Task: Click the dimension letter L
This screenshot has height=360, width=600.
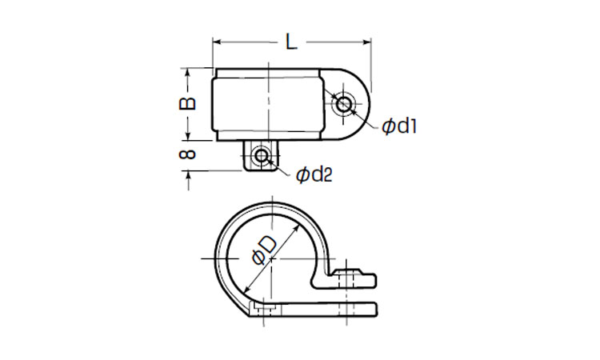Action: pyautogui.click(x=291, y=42)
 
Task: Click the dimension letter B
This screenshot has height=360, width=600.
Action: pyautogui.click(x=187, y=104)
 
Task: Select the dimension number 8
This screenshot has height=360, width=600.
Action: pyautogui.click(x=187, y=154)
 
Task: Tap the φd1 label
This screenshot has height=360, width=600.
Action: pyautogui.click(x=399, y=126)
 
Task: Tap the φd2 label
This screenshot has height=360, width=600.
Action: pyautogui.click(x=314, y=175)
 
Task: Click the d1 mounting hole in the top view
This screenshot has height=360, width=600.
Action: pyautogui.click(x=344, y=104)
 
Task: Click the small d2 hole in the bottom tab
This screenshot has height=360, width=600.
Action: pyautogui.click(x=262, y=156)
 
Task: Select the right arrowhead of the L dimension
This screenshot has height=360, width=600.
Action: pyautogui.click(x=366, y=42)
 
